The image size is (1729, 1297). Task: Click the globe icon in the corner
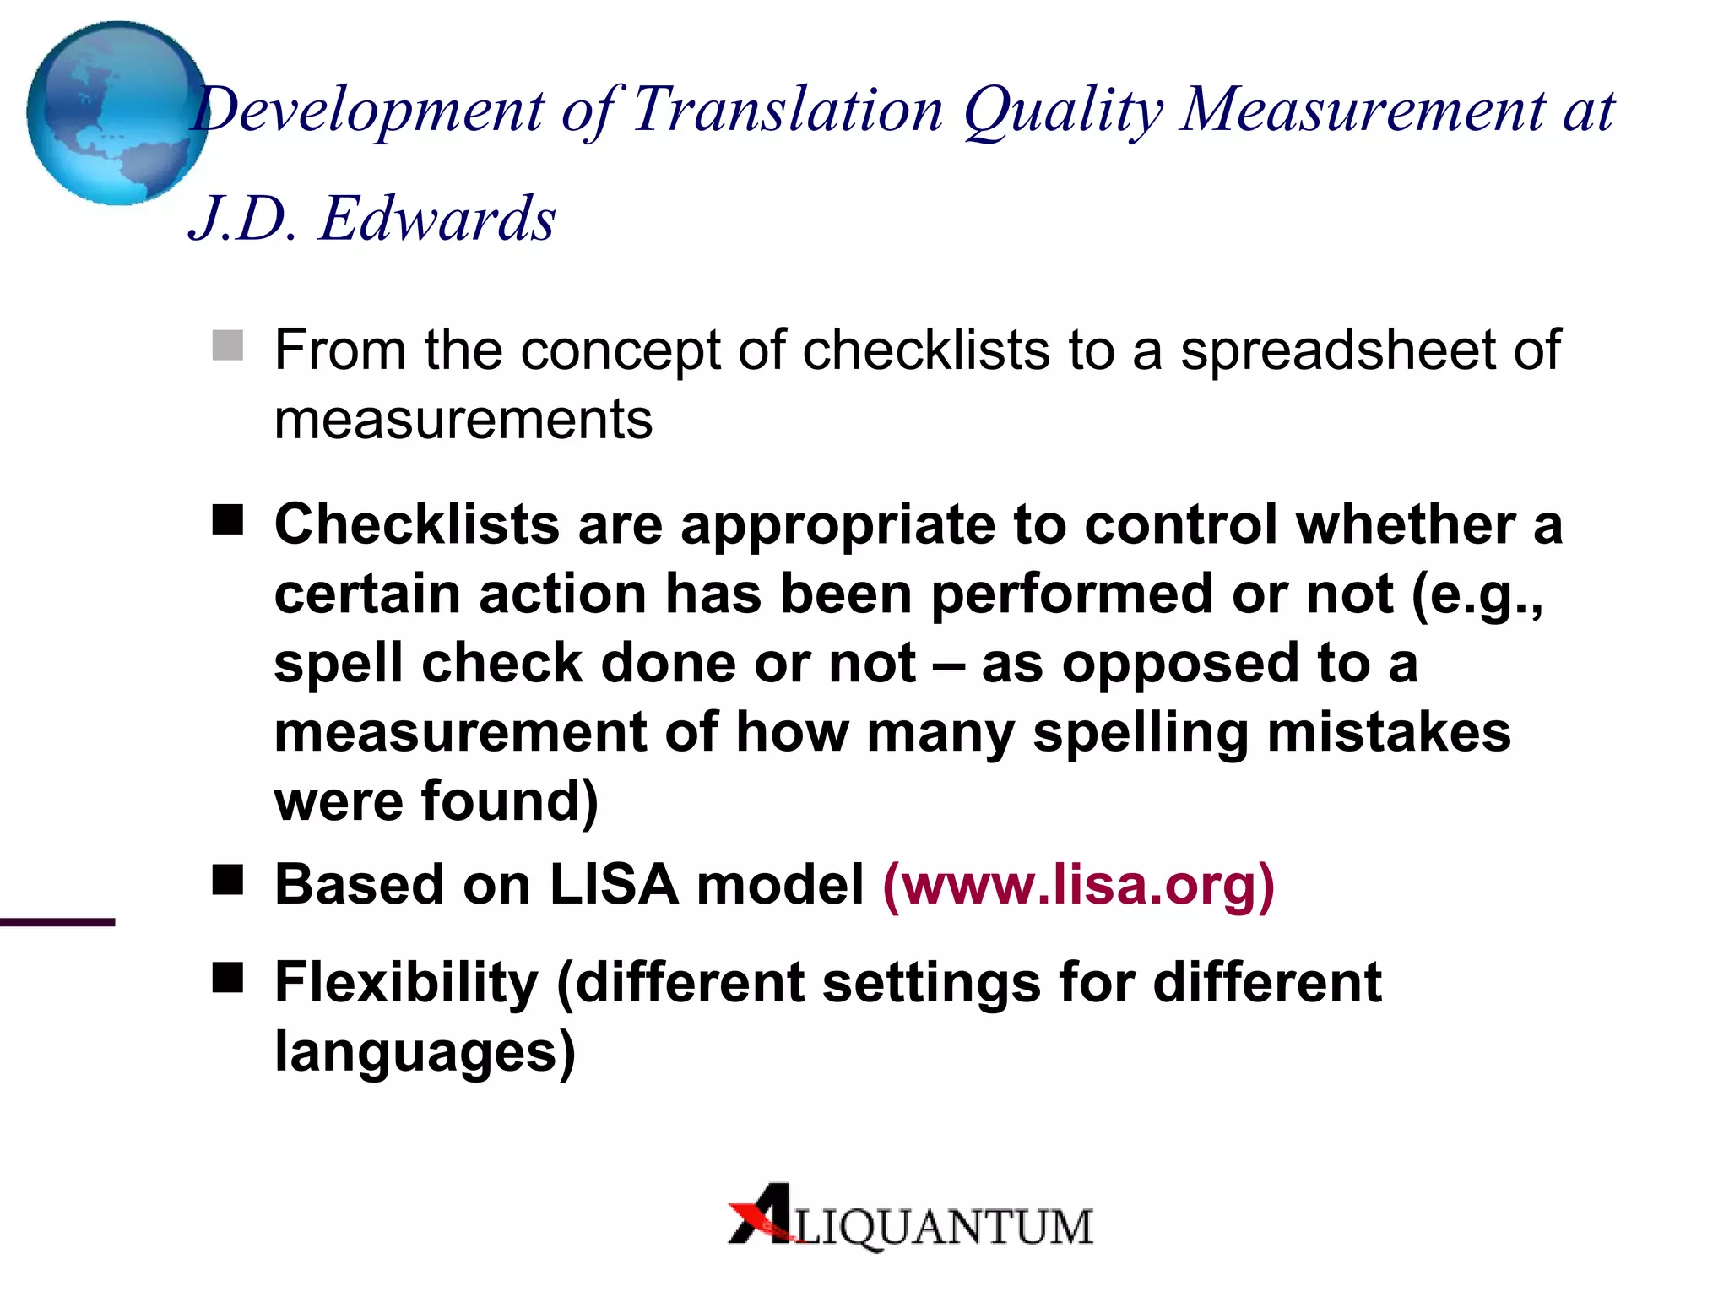(x=117, y=113)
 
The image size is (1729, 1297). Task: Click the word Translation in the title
(x=787, y=110)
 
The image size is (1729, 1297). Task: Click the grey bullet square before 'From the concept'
(x=228, y=345)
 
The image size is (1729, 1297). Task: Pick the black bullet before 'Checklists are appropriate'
(x=228, y=520)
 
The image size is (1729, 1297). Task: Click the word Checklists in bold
(x=417, y=524)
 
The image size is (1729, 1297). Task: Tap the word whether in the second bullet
(x=1406, y=524)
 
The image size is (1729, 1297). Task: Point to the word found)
(x=510, y=801)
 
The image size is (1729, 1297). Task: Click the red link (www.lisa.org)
(x=1078, y=885)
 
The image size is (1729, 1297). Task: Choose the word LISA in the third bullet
(x=614, y=885)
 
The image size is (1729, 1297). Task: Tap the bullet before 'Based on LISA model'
(x=228, y=880)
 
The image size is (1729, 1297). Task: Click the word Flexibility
(x=406, y=983)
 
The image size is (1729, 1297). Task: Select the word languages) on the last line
(x=425, y=1053)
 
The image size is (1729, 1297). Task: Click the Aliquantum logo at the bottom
(x=910, y=1217)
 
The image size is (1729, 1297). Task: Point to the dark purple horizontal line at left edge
(x=57, y=922)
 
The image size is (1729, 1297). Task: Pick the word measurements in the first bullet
(x=463, y=420)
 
